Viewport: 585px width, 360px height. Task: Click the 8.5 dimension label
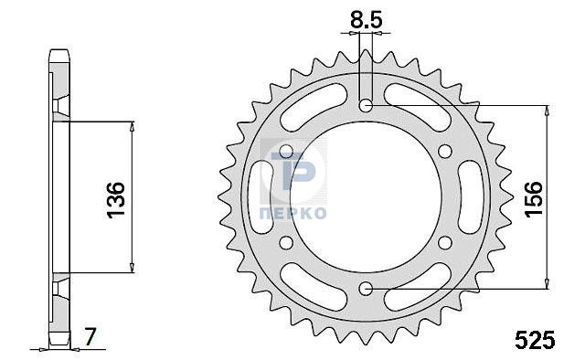366,20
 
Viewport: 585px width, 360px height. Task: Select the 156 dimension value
533,198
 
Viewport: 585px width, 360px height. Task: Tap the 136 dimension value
116,199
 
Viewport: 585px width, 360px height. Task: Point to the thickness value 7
90,337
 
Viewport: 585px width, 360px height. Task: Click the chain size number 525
535,340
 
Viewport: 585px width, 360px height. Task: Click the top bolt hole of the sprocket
366,106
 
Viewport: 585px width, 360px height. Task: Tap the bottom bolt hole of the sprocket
366,289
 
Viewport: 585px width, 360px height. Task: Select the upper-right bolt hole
445,152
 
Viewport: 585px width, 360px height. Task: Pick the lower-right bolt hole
445,243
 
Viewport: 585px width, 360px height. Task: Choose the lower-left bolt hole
286,243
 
